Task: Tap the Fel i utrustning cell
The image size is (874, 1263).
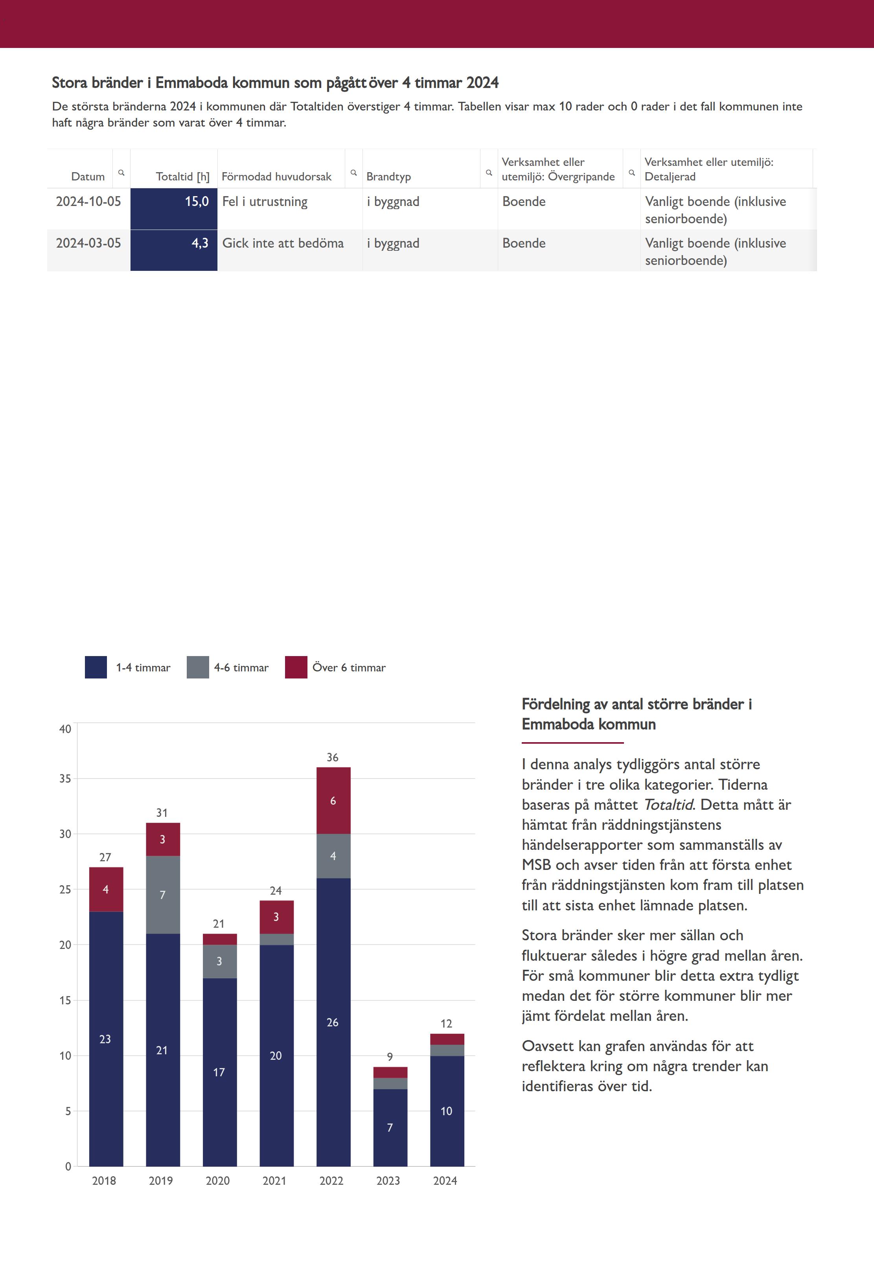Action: point(265,202)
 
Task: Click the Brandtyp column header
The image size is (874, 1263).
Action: point(388,176)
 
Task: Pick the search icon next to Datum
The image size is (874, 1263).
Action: point(121,173)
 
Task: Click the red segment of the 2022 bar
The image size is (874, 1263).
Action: point(333,800)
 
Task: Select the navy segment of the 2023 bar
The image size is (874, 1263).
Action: point(390,1127)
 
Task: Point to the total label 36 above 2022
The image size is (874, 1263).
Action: point(332,757)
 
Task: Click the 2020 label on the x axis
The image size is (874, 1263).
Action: point(218,1180)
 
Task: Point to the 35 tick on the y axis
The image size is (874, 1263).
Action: point(65,778)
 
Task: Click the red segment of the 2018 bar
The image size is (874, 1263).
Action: point(106,889)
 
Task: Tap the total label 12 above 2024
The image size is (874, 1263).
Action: point(446,1023)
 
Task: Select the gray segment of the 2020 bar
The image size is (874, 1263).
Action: point(220,961)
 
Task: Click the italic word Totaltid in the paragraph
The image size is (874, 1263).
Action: point(668,804)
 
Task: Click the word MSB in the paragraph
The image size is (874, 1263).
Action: point(536,864)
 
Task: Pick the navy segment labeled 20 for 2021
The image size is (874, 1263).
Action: point(276,1055)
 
